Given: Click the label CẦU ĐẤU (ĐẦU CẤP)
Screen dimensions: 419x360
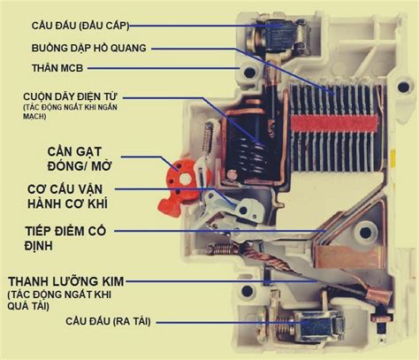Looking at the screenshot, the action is pyautogui.click(x=80, y=26).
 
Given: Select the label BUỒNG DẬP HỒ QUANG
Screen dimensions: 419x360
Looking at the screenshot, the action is pyautogui.click(x=88, y=48).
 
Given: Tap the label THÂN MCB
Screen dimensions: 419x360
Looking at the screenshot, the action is pyautogui.click(x=57, y=68).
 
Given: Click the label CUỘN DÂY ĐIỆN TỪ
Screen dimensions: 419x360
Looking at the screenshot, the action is pyautogui.click(x=71, y=96).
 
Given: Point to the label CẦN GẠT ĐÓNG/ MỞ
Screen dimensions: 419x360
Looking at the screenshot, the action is pyautogui.click(x=80, y=159).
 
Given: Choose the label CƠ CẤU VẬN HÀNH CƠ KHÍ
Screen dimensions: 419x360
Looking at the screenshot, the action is pyautogui.click(x=67, y=196).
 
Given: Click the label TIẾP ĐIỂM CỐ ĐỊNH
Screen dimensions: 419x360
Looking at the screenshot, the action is pyautogui.click(x=65, y=238).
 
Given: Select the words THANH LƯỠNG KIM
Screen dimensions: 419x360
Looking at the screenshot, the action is pyautogui.click(x=66, y=281).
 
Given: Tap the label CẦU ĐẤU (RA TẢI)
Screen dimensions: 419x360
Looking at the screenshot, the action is pyautogui.click(x=108, y=321).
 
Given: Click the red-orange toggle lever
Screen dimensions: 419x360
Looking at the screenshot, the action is pyautogui.click(x=179, y=188).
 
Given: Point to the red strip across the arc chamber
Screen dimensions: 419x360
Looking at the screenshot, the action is pyautogui.click(x=334, y=124).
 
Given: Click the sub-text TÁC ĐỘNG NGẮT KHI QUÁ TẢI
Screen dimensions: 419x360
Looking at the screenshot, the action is pyautogui.click(x=59, y=300).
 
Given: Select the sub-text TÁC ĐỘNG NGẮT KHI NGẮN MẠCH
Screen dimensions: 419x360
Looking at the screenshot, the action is pyautogui.click(x=70, y=111).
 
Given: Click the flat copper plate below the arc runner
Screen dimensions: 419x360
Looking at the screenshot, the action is pyautogui.click(x=347, y=256).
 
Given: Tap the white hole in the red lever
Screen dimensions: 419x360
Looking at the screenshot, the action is pyautogui.click(x=185, y=178).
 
